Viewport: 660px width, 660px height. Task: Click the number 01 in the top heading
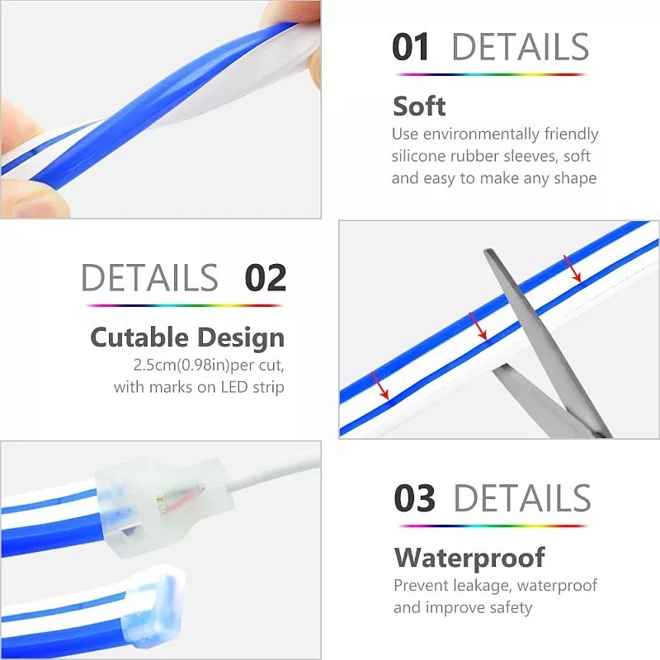point(410,47)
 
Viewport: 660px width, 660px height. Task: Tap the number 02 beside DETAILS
point(266,278)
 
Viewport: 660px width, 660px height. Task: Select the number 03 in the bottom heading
point(415,498)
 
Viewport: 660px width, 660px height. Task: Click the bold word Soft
point(419,106)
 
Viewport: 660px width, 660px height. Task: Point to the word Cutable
point(139,337)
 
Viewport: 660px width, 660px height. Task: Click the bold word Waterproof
point(469,558)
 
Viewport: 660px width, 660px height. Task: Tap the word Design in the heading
point(241,338)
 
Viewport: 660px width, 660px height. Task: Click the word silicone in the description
point(418,156)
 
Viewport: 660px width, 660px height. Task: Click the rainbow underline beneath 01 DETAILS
point(491,74)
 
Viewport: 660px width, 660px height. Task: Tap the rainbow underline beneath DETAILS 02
point(184,305)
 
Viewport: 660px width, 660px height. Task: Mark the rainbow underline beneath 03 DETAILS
point(493,526)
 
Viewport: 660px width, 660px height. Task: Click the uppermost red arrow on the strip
point(573,269)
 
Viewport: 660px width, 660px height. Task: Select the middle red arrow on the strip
point(478,326)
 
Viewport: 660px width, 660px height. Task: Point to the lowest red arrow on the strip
point(379,385)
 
